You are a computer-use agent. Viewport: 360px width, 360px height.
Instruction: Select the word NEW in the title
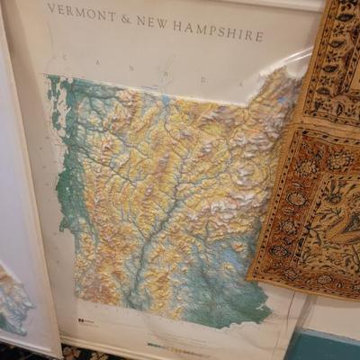(151, 22)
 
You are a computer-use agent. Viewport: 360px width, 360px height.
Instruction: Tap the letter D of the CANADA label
(203, 80)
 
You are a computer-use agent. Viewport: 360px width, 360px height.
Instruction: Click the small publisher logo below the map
(85, 321)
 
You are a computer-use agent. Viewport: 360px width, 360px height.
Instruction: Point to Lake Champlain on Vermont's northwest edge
(56, 108)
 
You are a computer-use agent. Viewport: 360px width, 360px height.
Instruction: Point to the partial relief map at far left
(13, 297)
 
